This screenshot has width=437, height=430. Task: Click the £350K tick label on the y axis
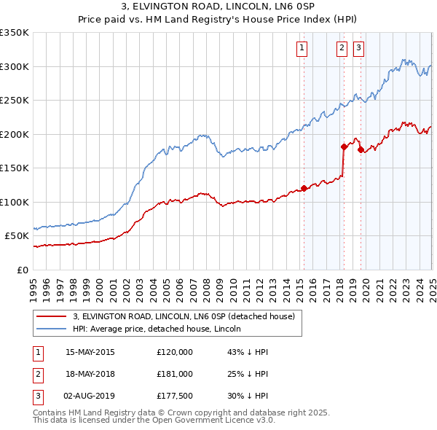(15, 33)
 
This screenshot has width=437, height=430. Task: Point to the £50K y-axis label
(17, 235)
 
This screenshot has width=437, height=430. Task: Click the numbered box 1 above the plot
(302, 49)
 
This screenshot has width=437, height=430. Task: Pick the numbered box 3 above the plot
(359, 49)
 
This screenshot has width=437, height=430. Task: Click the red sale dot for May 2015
(304, 188)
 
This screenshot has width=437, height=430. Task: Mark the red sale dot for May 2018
(344, 146)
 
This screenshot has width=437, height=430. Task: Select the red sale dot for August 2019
(361, 149)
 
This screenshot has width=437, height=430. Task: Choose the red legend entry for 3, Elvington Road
(183, 316)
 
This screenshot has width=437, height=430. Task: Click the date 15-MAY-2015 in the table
(90, 351)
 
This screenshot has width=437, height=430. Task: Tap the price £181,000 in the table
(175, 374)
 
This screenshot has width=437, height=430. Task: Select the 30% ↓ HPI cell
(248, 396)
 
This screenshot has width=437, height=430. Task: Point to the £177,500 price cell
(175, 396)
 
